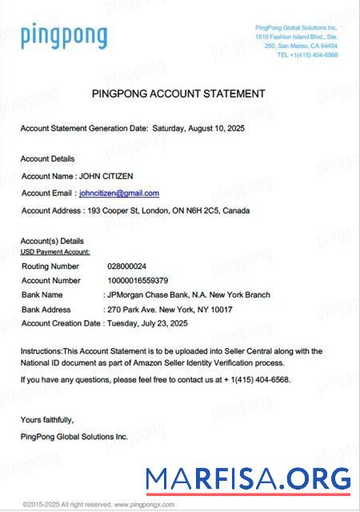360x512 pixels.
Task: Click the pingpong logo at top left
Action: pos(64,36)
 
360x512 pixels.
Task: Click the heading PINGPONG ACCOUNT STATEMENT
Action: pos(178,94)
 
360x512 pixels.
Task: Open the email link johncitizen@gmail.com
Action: pos(119,193)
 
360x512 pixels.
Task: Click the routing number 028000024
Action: pos(127,266)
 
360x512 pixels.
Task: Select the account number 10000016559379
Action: pos(138,281)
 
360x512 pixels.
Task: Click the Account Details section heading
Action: pos(47,158)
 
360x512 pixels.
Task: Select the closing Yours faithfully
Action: pos(47,419)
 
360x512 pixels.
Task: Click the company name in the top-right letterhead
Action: pos(296,28)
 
